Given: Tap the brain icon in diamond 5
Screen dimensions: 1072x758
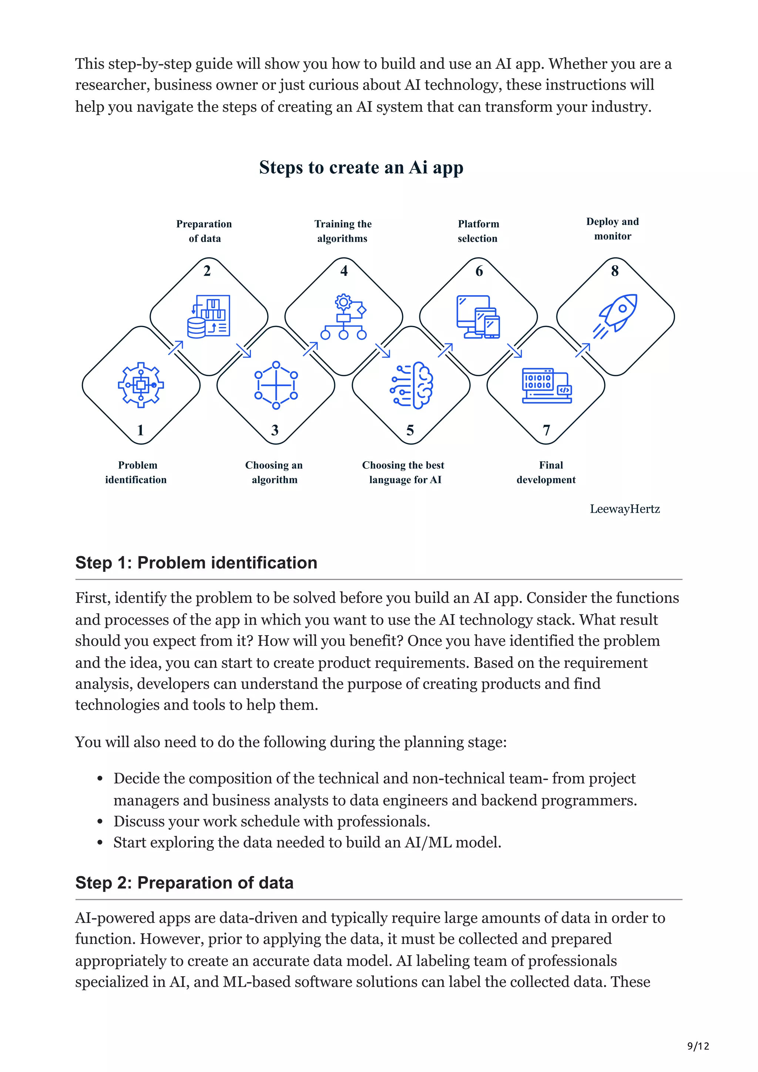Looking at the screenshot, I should tap(412, 385).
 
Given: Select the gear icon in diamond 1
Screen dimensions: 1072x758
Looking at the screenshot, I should tap(141, 385).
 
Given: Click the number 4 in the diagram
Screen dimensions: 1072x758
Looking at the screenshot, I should tap(344, 271).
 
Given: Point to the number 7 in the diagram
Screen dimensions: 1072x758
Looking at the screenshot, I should tap(546, 430).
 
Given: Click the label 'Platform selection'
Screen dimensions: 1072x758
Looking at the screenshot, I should tap(478, 231).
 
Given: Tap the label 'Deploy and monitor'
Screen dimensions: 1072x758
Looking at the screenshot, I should tap(612, 229).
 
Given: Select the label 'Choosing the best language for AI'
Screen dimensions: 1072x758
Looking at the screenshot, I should tap(403, 472).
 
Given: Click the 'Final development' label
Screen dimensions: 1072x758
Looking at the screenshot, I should tap(546, 472).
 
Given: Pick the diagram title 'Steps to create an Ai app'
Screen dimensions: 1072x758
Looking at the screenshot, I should tap(361, 167).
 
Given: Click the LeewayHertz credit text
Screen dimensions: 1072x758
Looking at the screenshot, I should tap(624, 509).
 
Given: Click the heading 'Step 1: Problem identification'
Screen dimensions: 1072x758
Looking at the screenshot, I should tap(196, 563).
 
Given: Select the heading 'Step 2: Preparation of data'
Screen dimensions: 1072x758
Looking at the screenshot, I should tap(184, 883).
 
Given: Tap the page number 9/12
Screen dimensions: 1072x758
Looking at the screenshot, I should tap(698, 1046).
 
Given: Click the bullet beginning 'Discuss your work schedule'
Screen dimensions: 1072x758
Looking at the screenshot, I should tap(271, 821).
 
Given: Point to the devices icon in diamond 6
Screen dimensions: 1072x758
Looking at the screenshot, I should tap(478, 317).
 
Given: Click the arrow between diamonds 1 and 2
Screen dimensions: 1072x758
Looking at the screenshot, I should tap(175, 348).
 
